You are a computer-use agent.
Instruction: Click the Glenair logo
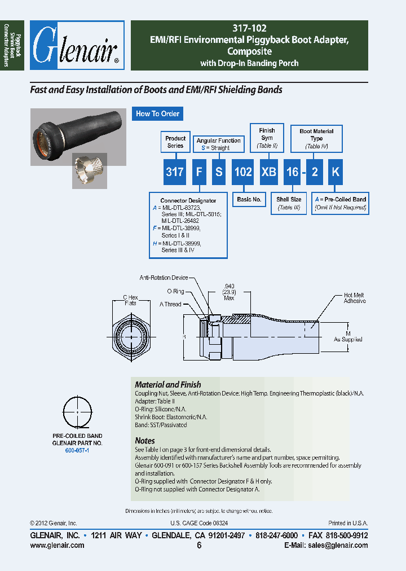click(77, 49)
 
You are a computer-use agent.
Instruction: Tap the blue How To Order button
click(157, 113)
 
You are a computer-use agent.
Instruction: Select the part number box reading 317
click(175, 172)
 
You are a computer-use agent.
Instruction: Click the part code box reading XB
click(268, 172)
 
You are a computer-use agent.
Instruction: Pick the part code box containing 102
click(242, 172)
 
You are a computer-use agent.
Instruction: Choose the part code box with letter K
click(335, 172)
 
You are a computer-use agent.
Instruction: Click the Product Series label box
click(175, 142)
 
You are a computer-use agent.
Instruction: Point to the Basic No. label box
click(249, 199)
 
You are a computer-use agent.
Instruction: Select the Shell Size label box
click(289, 203)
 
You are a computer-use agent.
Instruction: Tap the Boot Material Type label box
click(316, 138)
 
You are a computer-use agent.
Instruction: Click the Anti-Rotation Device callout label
click(164, 278)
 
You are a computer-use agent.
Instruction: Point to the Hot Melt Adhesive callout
click(355, 298)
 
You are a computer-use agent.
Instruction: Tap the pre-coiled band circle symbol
click(77, 413)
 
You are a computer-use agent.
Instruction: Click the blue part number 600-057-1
click(77, 451)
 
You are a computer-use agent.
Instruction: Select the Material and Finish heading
click(167, 385)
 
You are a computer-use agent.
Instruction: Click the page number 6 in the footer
click(199, 546)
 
